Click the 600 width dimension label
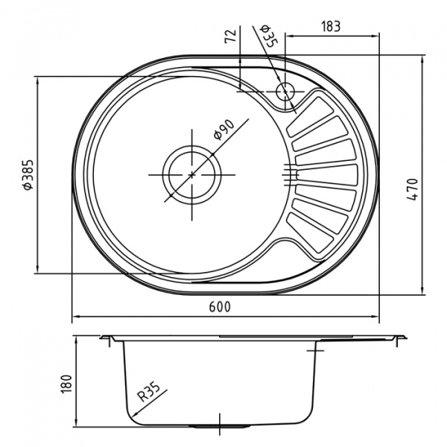(x=221, y=307)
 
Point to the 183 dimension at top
(x=331, y=26)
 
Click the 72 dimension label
(x=231, y=36)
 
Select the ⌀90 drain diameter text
(x=223, y=130)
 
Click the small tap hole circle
(x=285, y=92)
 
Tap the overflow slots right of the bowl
(x=289, y=174)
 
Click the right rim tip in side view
(x=405, y=337)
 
